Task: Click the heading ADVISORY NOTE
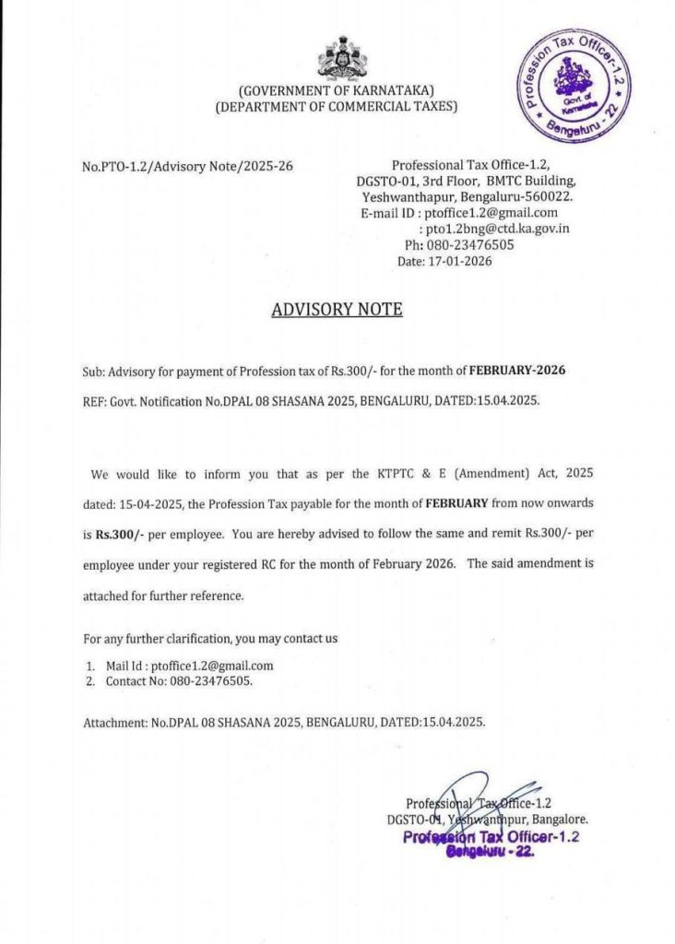(x=337, y=310)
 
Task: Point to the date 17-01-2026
(x=457, y=262)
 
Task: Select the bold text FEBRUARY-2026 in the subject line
(x=516, y=372)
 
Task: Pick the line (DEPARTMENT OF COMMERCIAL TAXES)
(x=336, y=108)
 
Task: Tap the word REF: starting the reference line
(x=96, y=403)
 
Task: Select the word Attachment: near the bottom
(x=115, y=723)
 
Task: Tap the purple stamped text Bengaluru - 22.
(x=490, y=854)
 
